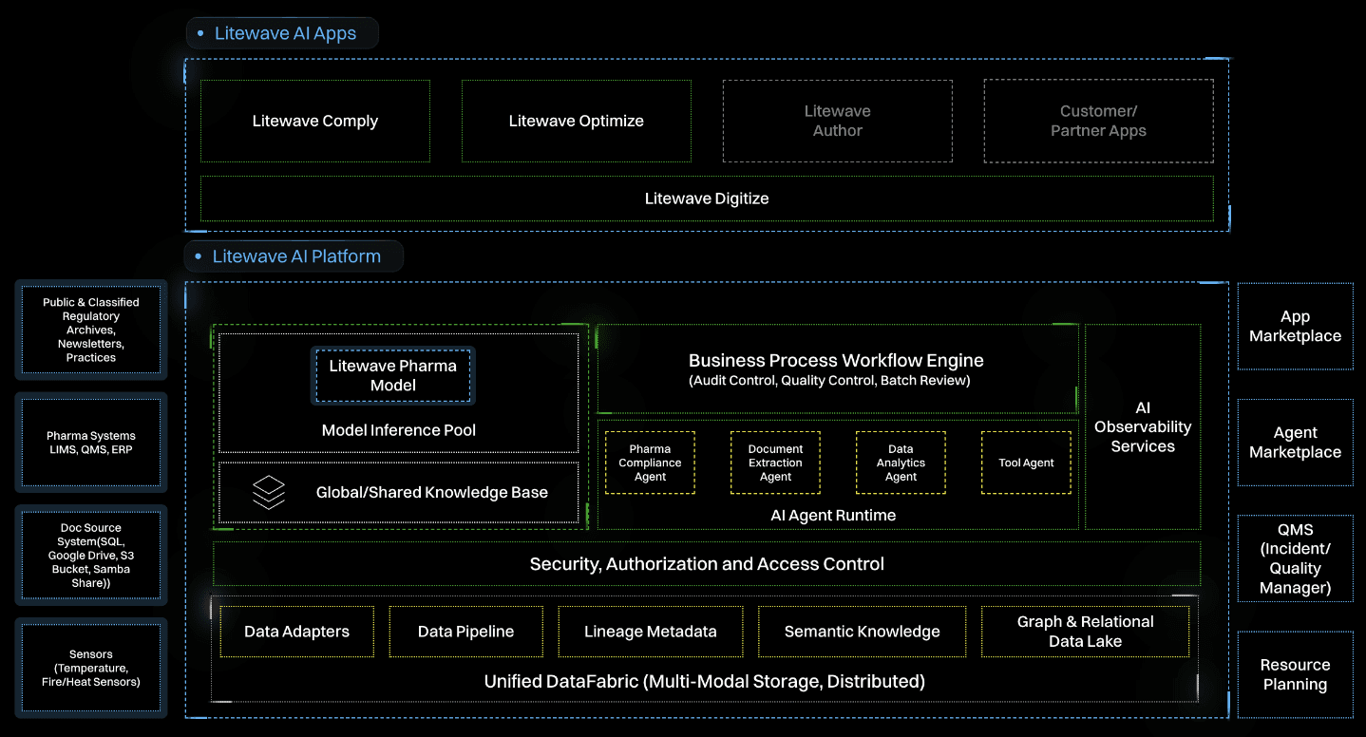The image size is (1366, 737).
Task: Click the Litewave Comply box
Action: pos(315,121)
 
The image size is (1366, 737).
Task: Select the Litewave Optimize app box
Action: pos(576,121)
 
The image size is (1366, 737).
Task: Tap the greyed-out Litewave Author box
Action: pos(837,121)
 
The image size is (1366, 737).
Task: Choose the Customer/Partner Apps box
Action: pos(1098,121)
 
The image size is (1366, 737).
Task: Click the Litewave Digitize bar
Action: pos(707,198)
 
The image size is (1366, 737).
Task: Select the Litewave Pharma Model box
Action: pos(393,375)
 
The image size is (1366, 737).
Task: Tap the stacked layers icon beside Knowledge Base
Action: pos(269,492)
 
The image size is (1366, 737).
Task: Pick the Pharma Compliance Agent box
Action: pos(651,463)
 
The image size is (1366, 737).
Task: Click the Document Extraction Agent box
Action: pos(775,463)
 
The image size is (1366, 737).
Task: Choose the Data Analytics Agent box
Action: pos(901,463)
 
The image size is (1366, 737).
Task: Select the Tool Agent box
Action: pos(1026,463)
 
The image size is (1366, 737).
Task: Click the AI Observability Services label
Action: pos(1143,426)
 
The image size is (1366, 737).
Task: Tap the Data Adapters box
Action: pos(296,632)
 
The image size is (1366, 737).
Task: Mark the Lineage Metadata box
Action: pos(651,632)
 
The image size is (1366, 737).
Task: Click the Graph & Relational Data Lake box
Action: pos(1085,632)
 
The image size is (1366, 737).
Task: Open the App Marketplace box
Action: pos(1295,326)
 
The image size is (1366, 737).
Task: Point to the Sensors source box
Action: pos(91,668)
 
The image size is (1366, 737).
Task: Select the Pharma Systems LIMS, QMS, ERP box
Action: pos(91,443)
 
